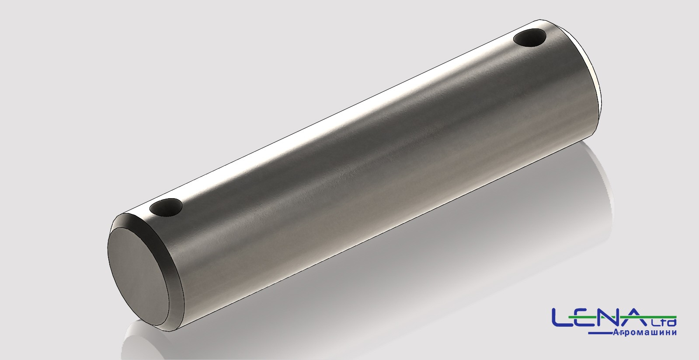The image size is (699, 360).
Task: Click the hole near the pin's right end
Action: tap(529, 38)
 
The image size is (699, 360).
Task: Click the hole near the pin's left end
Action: tap(166, 207)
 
